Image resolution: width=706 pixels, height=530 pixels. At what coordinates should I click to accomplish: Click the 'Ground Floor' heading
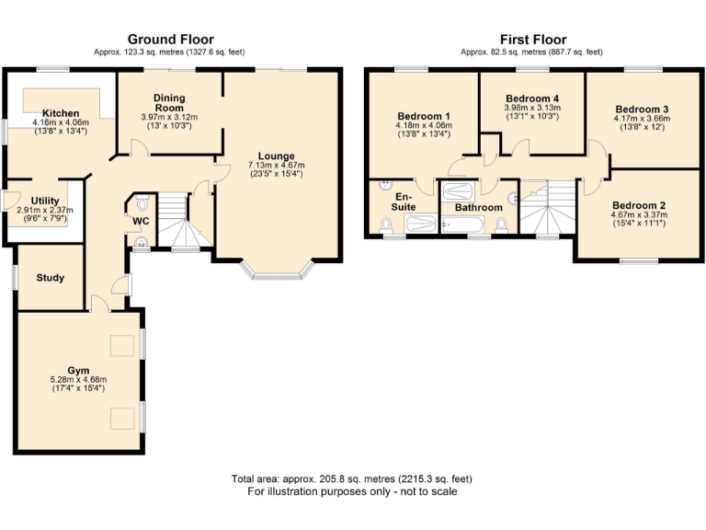point(170,39)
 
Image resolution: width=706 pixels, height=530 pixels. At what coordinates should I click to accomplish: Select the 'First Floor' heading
point(531,39)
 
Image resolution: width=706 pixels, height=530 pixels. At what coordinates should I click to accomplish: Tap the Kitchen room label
point(60,113)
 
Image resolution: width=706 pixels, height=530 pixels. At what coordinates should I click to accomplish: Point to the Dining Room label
point(169,102)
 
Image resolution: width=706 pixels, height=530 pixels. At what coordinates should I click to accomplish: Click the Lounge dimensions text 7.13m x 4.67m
point(276,166)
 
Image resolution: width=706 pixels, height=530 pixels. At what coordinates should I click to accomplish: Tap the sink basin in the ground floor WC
point(141,242)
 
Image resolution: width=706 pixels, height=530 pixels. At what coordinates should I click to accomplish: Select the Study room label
point(51,277)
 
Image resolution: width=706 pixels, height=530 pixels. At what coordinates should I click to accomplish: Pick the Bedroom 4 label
point(532,98)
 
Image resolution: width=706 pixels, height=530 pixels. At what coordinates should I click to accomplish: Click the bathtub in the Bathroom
point(457,191)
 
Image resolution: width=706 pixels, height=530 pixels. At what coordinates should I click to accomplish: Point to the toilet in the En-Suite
point(385,225)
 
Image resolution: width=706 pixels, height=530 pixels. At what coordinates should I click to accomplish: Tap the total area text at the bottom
point(353,479)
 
